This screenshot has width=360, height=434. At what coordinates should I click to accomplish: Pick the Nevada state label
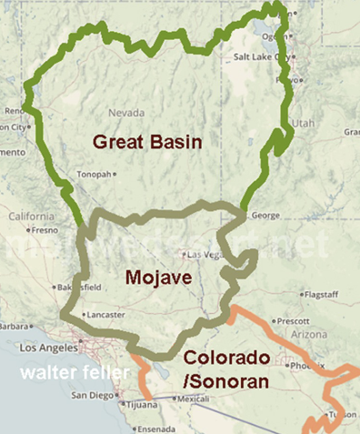click(x=126, y=113)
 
